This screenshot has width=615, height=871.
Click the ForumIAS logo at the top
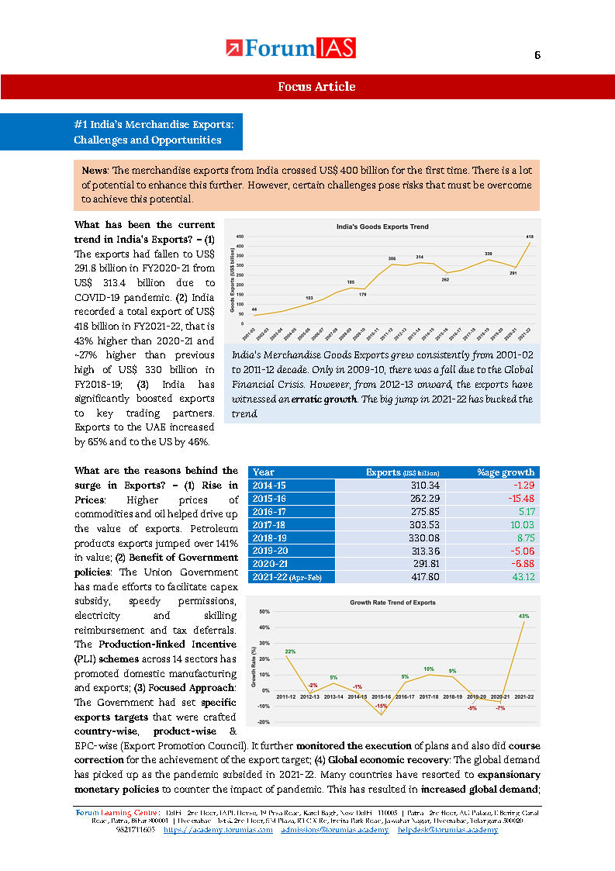click(291, 49)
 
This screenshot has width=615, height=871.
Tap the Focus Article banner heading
click(316, 87)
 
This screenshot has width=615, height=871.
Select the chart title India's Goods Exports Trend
click(382, 226)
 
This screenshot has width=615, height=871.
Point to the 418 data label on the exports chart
click(530, 236)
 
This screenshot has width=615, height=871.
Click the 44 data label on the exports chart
click(254, 309)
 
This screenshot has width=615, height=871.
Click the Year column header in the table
click(264, 472)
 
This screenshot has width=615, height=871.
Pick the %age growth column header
click(506, 472)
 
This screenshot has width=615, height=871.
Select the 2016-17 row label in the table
click(270, 512)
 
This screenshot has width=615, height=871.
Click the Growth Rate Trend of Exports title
click(392, 602)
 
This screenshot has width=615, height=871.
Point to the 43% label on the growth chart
click(524, 617)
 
